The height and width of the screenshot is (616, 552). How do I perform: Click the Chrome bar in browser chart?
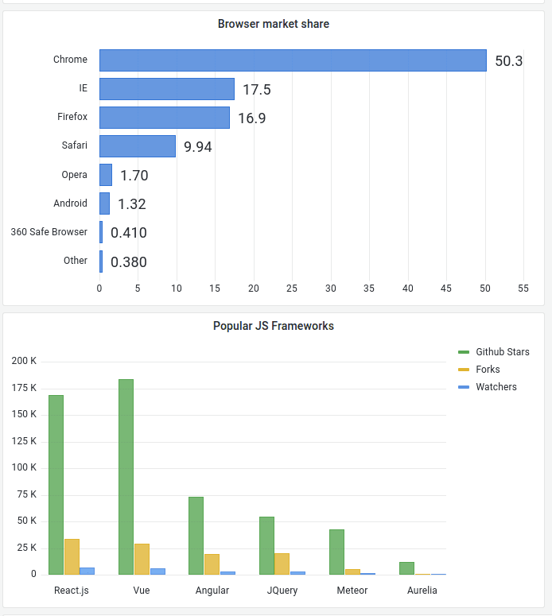[x=293, y=60]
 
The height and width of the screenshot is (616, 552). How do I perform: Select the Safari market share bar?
[x=138, y=146]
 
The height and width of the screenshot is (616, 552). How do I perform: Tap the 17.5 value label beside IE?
[x=256, y=90]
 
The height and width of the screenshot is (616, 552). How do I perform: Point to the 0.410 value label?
[x=129, y=233]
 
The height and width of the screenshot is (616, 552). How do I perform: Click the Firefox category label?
[x=72, y=117]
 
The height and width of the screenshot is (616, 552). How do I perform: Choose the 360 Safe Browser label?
[x=49, y=232]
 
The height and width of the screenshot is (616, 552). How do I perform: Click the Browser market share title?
[x=274, y=24]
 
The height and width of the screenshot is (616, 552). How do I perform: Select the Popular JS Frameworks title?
[x=274, y=326]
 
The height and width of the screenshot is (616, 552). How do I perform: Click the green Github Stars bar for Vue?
[x=126, y=477]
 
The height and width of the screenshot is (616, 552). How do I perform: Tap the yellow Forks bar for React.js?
[x=72, y=556]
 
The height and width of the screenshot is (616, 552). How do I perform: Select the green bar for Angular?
[x=196, y=536]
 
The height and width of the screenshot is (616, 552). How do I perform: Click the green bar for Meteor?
[x=336, y=552]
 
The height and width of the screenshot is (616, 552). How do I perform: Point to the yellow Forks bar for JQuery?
[x=282, y=564]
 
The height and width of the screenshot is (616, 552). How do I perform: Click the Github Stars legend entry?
[x=502, y=352]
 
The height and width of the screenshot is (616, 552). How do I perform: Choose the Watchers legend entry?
[x=496, y=387]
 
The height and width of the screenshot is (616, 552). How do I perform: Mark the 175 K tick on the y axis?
[x=24, y=388]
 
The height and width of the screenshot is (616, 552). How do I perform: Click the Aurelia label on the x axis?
[x=422, y=591]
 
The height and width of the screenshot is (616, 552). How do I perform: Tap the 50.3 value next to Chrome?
[x=509, y=61]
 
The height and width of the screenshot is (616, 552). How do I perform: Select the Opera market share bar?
[x=106, y=175]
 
